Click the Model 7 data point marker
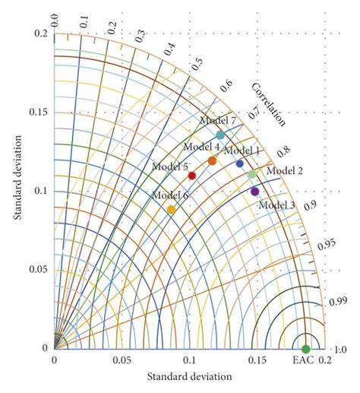pos(220,135)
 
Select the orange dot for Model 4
pos(212,161)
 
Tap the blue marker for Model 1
pos(240,163)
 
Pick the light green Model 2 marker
pos(252,175)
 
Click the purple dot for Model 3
pos(255,192)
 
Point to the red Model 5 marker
pos(192,176)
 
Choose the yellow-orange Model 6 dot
pos(171,210)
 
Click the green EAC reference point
pos(305,349)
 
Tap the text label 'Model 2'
pos(285,170)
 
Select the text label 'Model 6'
pos(169,195)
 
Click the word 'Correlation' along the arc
pos(268,107)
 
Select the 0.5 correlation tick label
pos(199,63)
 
